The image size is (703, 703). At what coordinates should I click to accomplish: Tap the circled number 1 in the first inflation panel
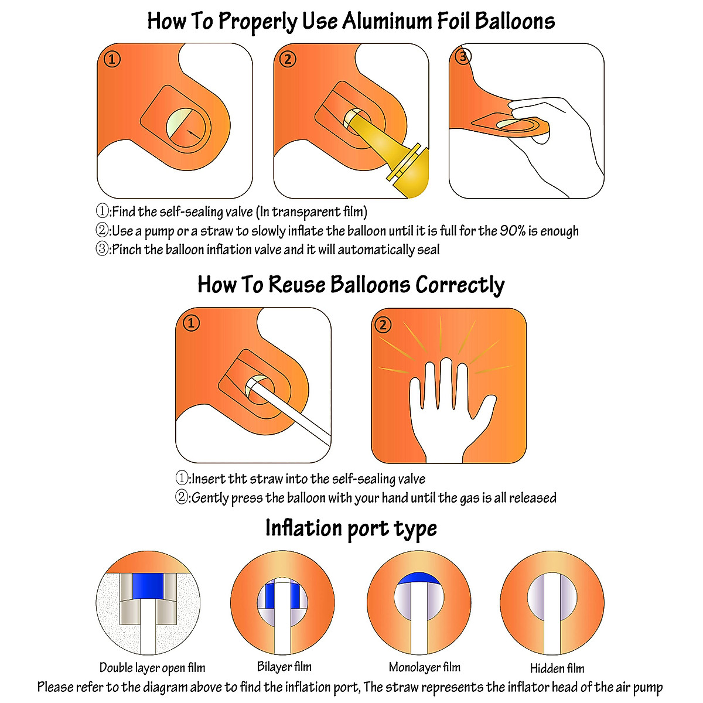(112, 59)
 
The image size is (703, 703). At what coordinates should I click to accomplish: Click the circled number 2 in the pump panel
(287, 59)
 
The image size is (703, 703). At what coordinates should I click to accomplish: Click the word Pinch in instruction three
(127, 250)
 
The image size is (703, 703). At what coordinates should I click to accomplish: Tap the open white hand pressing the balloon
(448, 410)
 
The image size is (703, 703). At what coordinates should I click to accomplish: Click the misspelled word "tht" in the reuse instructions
(237, 479)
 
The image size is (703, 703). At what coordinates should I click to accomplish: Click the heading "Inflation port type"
(351, 528)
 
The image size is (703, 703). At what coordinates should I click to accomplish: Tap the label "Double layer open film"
(152, 668)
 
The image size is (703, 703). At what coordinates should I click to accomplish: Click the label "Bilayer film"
(284, 667)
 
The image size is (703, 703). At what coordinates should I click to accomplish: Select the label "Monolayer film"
(425, 667)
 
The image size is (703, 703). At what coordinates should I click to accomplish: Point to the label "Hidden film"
(557, 668)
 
